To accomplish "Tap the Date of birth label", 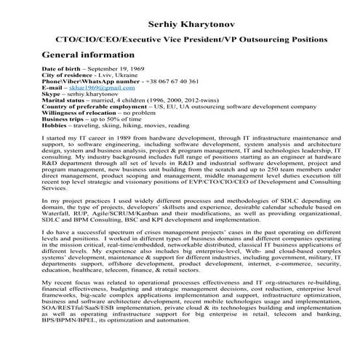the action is click(x=62, y=68).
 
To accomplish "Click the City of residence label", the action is click(x=66, y=74).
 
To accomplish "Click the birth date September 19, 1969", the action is click(x=129, y=68).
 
